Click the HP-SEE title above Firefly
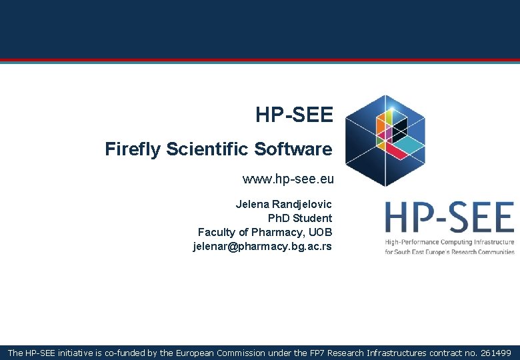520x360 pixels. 293,115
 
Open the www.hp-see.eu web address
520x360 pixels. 288,179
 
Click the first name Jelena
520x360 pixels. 253,204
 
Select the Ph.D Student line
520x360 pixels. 299,218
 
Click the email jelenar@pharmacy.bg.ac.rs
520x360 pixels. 262,246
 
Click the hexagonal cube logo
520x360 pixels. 385,141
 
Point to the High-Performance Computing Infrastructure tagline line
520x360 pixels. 449,241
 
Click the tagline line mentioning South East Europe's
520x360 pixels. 449,252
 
